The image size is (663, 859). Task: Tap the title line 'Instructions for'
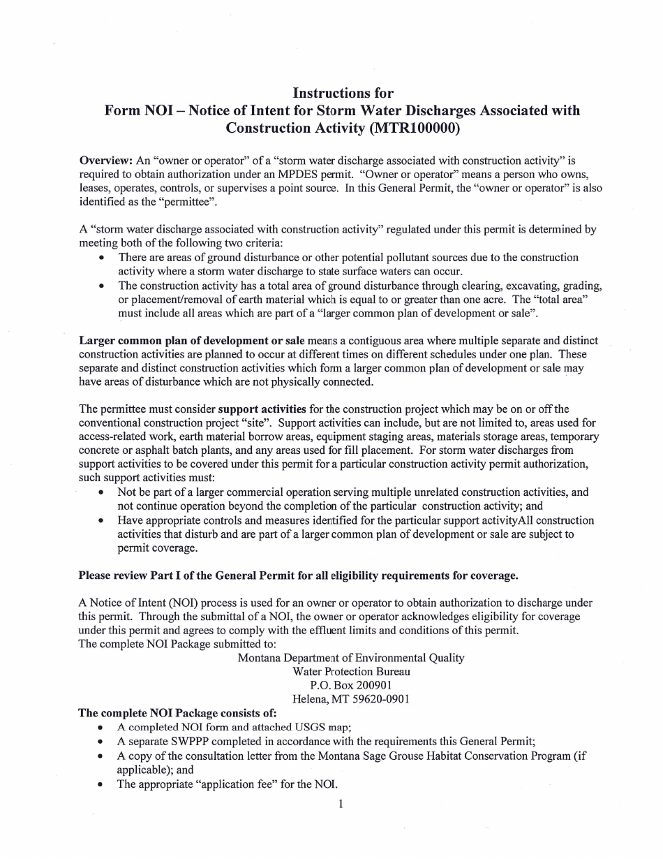pos(343,93)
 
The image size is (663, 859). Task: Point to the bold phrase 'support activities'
pos(262,409)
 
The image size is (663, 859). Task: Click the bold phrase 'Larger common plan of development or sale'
pos(191,340)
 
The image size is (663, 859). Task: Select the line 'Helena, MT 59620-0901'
pos(350,699)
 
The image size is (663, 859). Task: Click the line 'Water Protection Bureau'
pos(351,671)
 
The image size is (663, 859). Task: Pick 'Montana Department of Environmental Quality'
pos(350,658)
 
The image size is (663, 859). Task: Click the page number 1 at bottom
pos(341,804)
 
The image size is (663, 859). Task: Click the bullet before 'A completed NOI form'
pos(102,727)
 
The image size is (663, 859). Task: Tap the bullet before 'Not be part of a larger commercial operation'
pos(102,492)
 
